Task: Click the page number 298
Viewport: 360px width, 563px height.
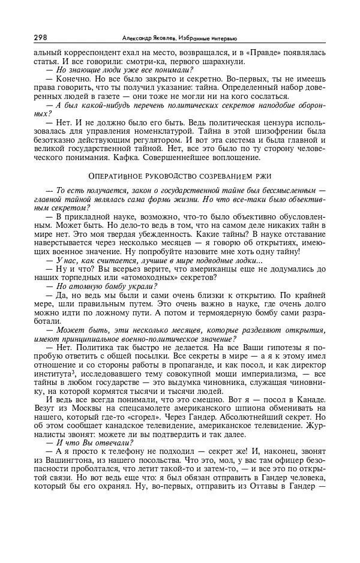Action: (x=41, y=38)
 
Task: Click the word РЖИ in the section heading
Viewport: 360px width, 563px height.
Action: (x=262, y=176)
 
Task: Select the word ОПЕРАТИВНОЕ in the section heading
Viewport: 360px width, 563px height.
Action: (x=116, y=176)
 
